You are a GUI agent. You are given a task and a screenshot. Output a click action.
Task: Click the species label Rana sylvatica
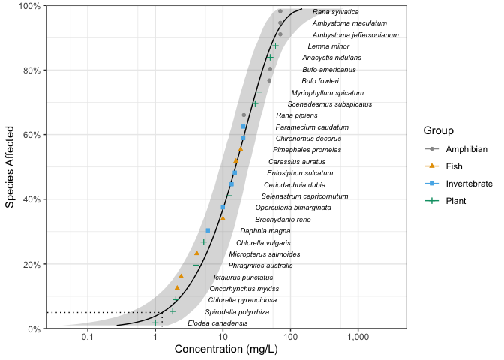pos(335,12)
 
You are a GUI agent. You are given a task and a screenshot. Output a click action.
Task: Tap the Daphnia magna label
pos(265,231)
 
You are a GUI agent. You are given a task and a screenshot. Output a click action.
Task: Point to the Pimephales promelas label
pos(307,150)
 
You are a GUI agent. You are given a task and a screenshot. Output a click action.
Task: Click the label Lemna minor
pos(328,46)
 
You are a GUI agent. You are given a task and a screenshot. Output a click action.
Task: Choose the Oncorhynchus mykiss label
pos(244,289)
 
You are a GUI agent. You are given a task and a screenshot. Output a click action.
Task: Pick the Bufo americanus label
pos(329,70)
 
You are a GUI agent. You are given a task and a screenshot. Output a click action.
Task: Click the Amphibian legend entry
pos(466,150)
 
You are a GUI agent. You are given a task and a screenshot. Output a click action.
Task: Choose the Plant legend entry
pos(456,201)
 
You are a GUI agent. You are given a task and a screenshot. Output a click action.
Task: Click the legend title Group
pos(437,130)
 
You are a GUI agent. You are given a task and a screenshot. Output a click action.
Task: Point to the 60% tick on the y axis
pos(28,135)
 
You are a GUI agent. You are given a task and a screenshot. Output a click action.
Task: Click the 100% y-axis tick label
pos(26,6)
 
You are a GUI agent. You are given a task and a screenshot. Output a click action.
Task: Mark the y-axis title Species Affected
pos(10,166)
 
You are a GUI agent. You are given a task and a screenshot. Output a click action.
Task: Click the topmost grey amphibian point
pos(280,11)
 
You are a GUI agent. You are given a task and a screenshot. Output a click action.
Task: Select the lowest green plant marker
pos(155,322)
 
